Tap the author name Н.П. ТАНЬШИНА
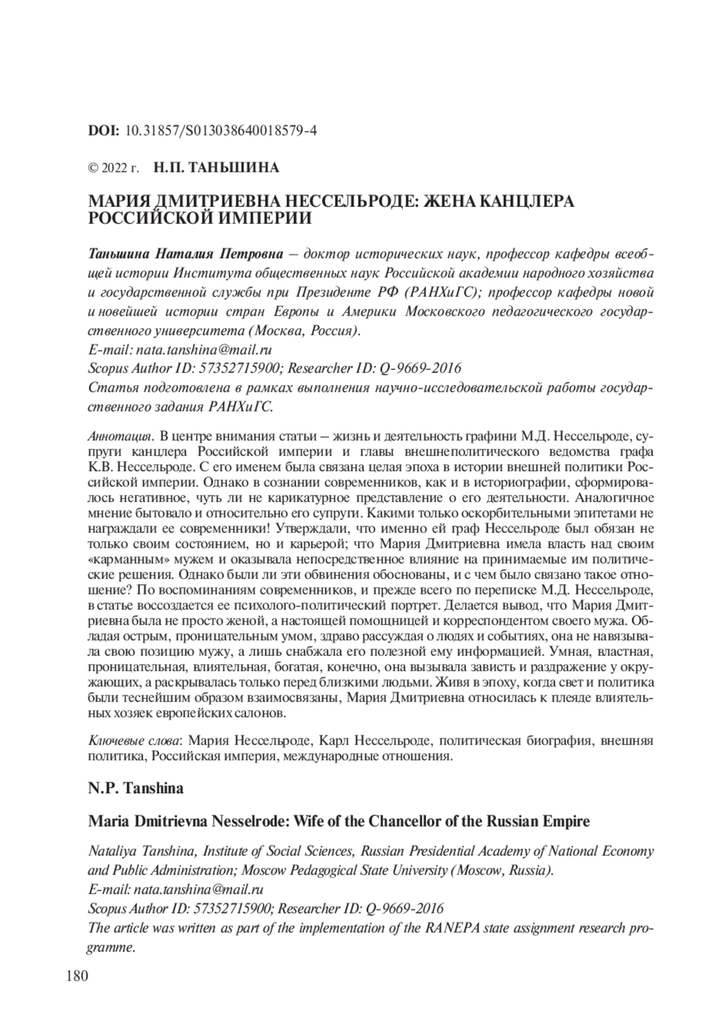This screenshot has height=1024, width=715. tap(216, 168)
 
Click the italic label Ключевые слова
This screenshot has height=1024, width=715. tap(135, 740)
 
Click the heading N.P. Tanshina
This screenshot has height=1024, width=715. tap(135, 788)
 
